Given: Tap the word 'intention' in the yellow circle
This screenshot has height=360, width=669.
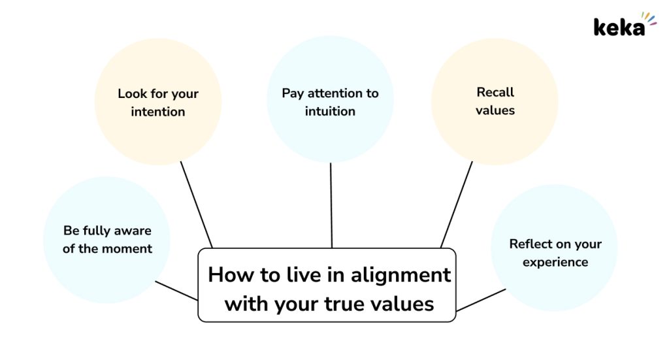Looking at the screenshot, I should click(x=157, y=112).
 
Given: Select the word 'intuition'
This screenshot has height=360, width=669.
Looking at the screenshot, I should click(x=330, y=111).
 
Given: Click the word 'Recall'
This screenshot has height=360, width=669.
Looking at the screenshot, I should click(x=495, y=92).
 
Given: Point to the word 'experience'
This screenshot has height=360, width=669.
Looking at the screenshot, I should click(x=555, y=262).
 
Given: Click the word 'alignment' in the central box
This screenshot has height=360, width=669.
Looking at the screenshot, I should click(x=399, y=274).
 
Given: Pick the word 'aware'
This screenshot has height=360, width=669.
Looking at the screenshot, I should click(x=133, y=231).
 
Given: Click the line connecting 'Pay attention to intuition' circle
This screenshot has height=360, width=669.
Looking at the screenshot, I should click(x=331, y=205).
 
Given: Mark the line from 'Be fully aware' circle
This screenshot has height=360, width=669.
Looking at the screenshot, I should click(x=176, y=291).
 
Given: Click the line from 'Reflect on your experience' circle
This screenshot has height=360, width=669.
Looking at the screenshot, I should click(x=481, y=299).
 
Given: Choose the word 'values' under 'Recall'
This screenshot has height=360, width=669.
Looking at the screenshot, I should click(x=495, y=110).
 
